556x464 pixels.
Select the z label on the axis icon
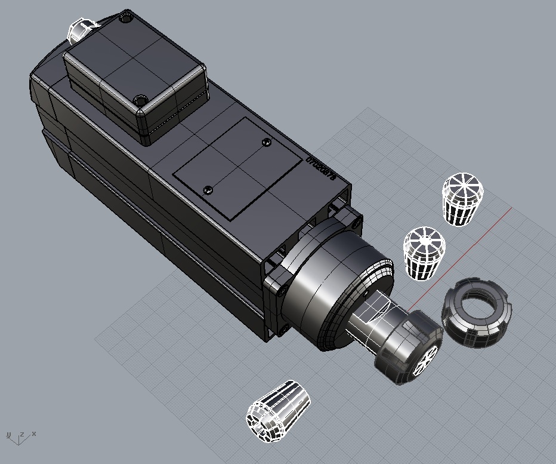(21, 434)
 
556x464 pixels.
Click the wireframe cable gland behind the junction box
(81, 30)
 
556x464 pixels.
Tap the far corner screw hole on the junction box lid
(126, 19)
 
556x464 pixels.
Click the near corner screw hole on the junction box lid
(140, 100)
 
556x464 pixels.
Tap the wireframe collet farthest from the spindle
(462, 199)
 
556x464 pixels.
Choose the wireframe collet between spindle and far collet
(424, 251)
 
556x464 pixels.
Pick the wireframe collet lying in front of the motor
(278, 411)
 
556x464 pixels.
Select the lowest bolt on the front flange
(285, 328)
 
